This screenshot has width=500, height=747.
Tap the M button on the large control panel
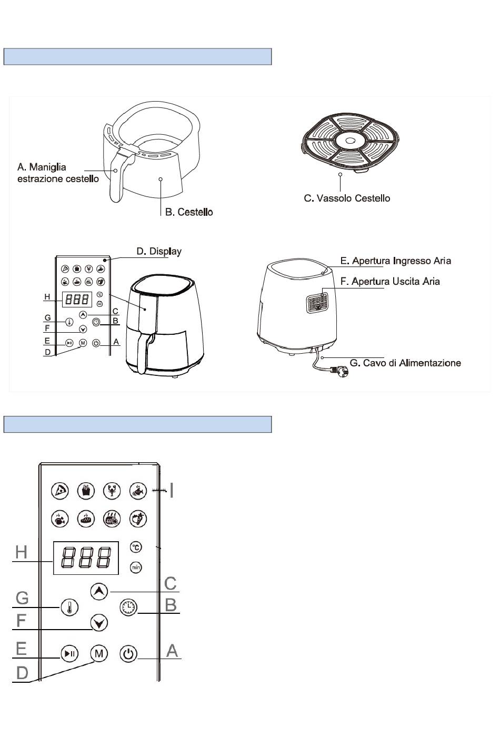coord(98,654)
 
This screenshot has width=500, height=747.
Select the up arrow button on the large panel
coord(98,591)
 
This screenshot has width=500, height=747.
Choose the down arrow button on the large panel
coord(98,623)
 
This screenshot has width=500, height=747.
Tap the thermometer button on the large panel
coord(69,607)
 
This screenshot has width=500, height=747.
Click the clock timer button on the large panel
coord(128,607)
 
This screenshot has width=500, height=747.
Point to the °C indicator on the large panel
coord(136,547)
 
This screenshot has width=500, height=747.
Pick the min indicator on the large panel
coord(136,567)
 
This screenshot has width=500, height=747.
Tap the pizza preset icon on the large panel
coord(61,491)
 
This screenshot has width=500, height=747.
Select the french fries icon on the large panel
coord(86,491)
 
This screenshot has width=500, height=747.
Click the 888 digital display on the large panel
coord(86,557)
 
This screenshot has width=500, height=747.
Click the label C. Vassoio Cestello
coord(347,198)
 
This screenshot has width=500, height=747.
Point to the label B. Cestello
coord(189,212)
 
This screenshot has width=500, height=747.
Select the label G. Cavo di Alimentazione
coord(405,363)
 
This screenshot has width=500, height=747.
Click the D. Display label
coord(159,251)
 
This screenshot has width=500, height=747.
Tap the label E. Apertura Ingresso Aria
coord(395,261)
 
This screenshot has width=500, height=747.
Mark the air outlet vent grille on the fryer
coord(317,303)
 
